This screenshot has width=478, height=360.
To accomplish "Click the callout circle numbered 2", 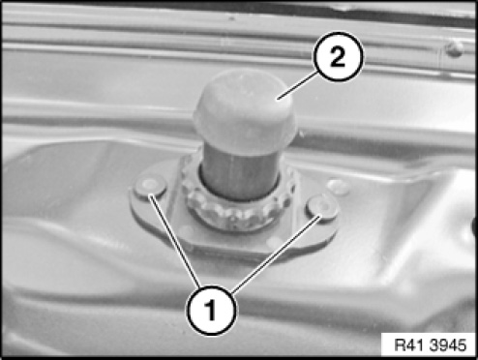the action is (x=338, y=56).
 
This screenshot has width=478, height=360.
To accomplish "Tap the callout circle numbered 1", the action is (x=211, y=311).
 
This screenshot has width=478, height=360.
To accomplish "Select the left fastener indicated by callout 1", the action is (x=150, y=186).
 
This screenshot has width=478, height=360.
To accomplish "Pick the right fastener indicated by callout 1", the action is (x=322, y=207).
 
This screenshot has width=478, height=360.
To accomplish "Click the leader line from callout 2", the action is (x=299, y=84).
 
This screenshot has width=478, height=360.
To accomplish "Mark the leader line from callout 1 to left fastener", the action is (x=174, y=240).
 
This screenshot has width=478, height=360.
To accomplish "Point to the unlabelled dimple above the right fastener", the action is (x=338, y=187).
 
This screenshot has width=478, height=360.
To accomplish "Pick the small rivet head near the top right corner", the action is (x=455, y=49).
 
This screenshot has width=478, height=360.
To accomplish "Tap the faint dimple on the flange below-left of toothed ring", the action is (x=187, y=231).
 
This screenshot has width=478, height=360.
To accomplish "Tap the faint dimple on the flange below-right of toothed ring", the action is (x=274, y=240).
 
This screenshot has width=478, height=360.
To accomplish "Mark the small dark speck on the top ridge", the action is (x=231, y=18).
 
